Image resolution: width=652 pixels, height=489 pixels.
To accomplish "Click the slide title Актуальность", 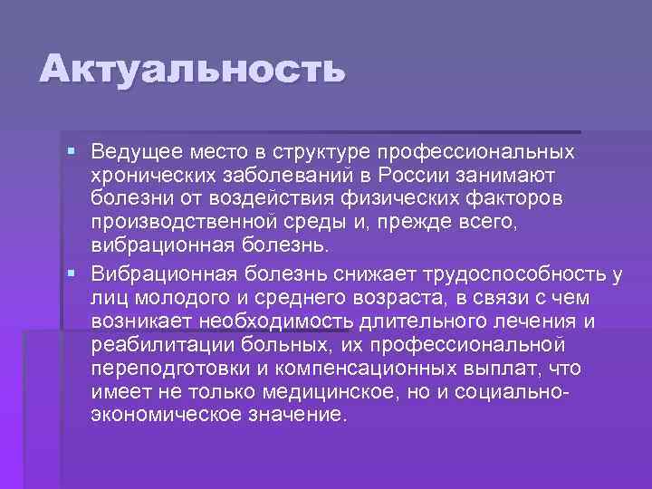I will (x=192, y=70).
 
